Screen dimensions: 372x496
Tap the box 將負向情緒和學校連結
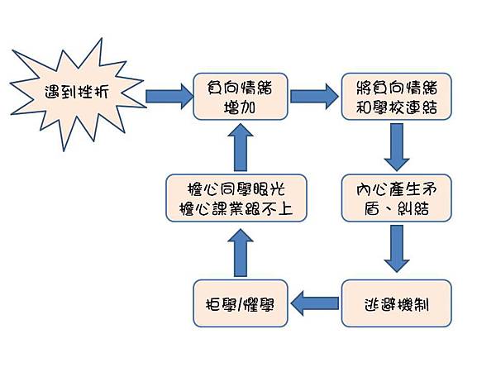click(x=396, y=96)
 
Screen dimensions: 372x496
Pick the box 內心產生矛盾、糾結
click(x=397, y=198)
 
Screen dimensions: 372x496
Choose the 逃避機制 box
click(x=397, y=303)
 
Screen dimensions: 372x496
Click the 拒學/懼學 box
click(x=241, y=303)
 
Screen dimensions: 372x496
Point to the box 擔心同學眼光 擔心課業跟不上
click(x=236, y=197)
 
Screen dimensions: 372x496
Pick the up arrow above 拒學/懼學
click(x=240, y=251)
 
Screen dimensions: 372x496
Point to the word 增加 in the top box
click(x=240, y=107)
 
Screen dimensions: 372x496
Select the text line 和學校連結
click(x=396, y=107)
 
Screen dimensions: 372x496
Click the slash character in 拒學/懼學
click(x=241, y=304)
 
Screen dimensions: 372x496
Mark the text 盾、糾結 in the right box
click(x=397, y=208)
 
